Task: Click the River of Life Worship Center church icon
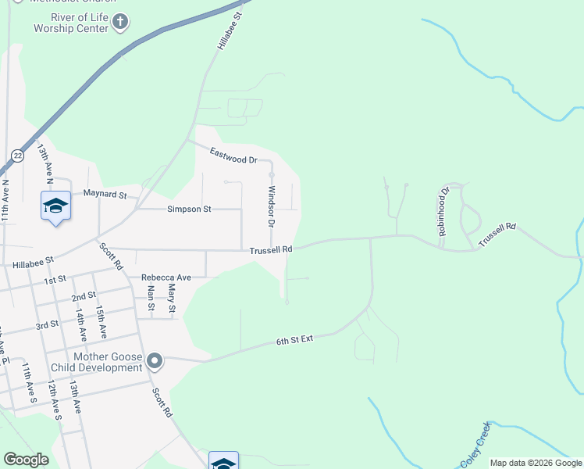120,23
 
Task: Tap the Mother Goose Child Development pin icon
155,360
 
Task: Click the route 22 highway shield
17,156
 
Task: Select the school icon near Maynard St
55,206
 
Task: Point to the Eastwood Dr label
233,156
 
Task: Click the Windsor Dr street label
272,206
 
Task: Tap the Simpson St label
189,209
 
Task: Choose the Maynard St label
105,193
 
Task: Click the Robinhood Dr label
443,211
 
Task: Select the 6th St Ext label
294,341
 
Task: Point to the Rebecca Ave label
166,277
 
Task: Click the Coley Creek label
475,444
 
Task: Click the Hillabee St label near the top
226,31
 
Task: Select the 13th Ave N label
45,163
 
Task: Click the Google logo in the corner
26,460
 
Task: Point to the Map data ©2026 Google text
536,463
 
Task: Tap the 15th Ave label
101,322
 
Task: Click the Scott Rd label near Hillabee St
111,256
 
